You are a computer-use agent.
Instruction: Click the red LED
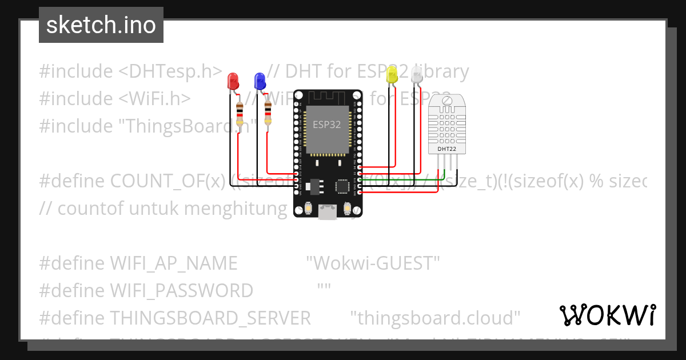pos(233,81)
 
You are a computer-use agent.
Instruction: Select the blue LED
pos(260,81)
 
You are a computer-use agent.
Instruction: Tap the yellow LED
pos(392,75)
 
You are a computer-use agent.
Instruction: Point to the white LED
pos(417,75)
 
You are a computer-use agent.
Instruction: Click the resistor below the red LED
pos(240,113)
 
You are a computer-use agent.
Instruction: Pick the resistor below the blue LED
pos(268,112)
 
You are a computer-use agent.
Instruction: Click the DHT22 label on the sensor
pos(446,149)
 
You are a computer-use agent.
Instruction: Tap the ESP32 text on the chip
pos(327,123)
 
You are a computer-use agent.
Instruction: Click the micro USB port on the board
pos(328,213)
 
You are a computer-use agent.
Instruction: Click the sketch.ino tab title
pos(101,25)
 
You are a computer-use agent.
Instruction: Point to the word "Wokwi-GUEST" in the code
pos(373,263)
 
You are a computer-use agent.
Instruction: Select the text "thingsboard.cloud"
pos(434,318)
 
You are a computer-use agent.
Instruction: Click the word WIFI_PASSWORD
pos(181,291)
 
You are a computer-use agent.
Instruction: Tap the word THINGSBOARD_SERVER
pos(210,318)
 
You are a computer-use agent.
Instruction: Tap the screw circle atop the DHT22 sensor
pos(447,102)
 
